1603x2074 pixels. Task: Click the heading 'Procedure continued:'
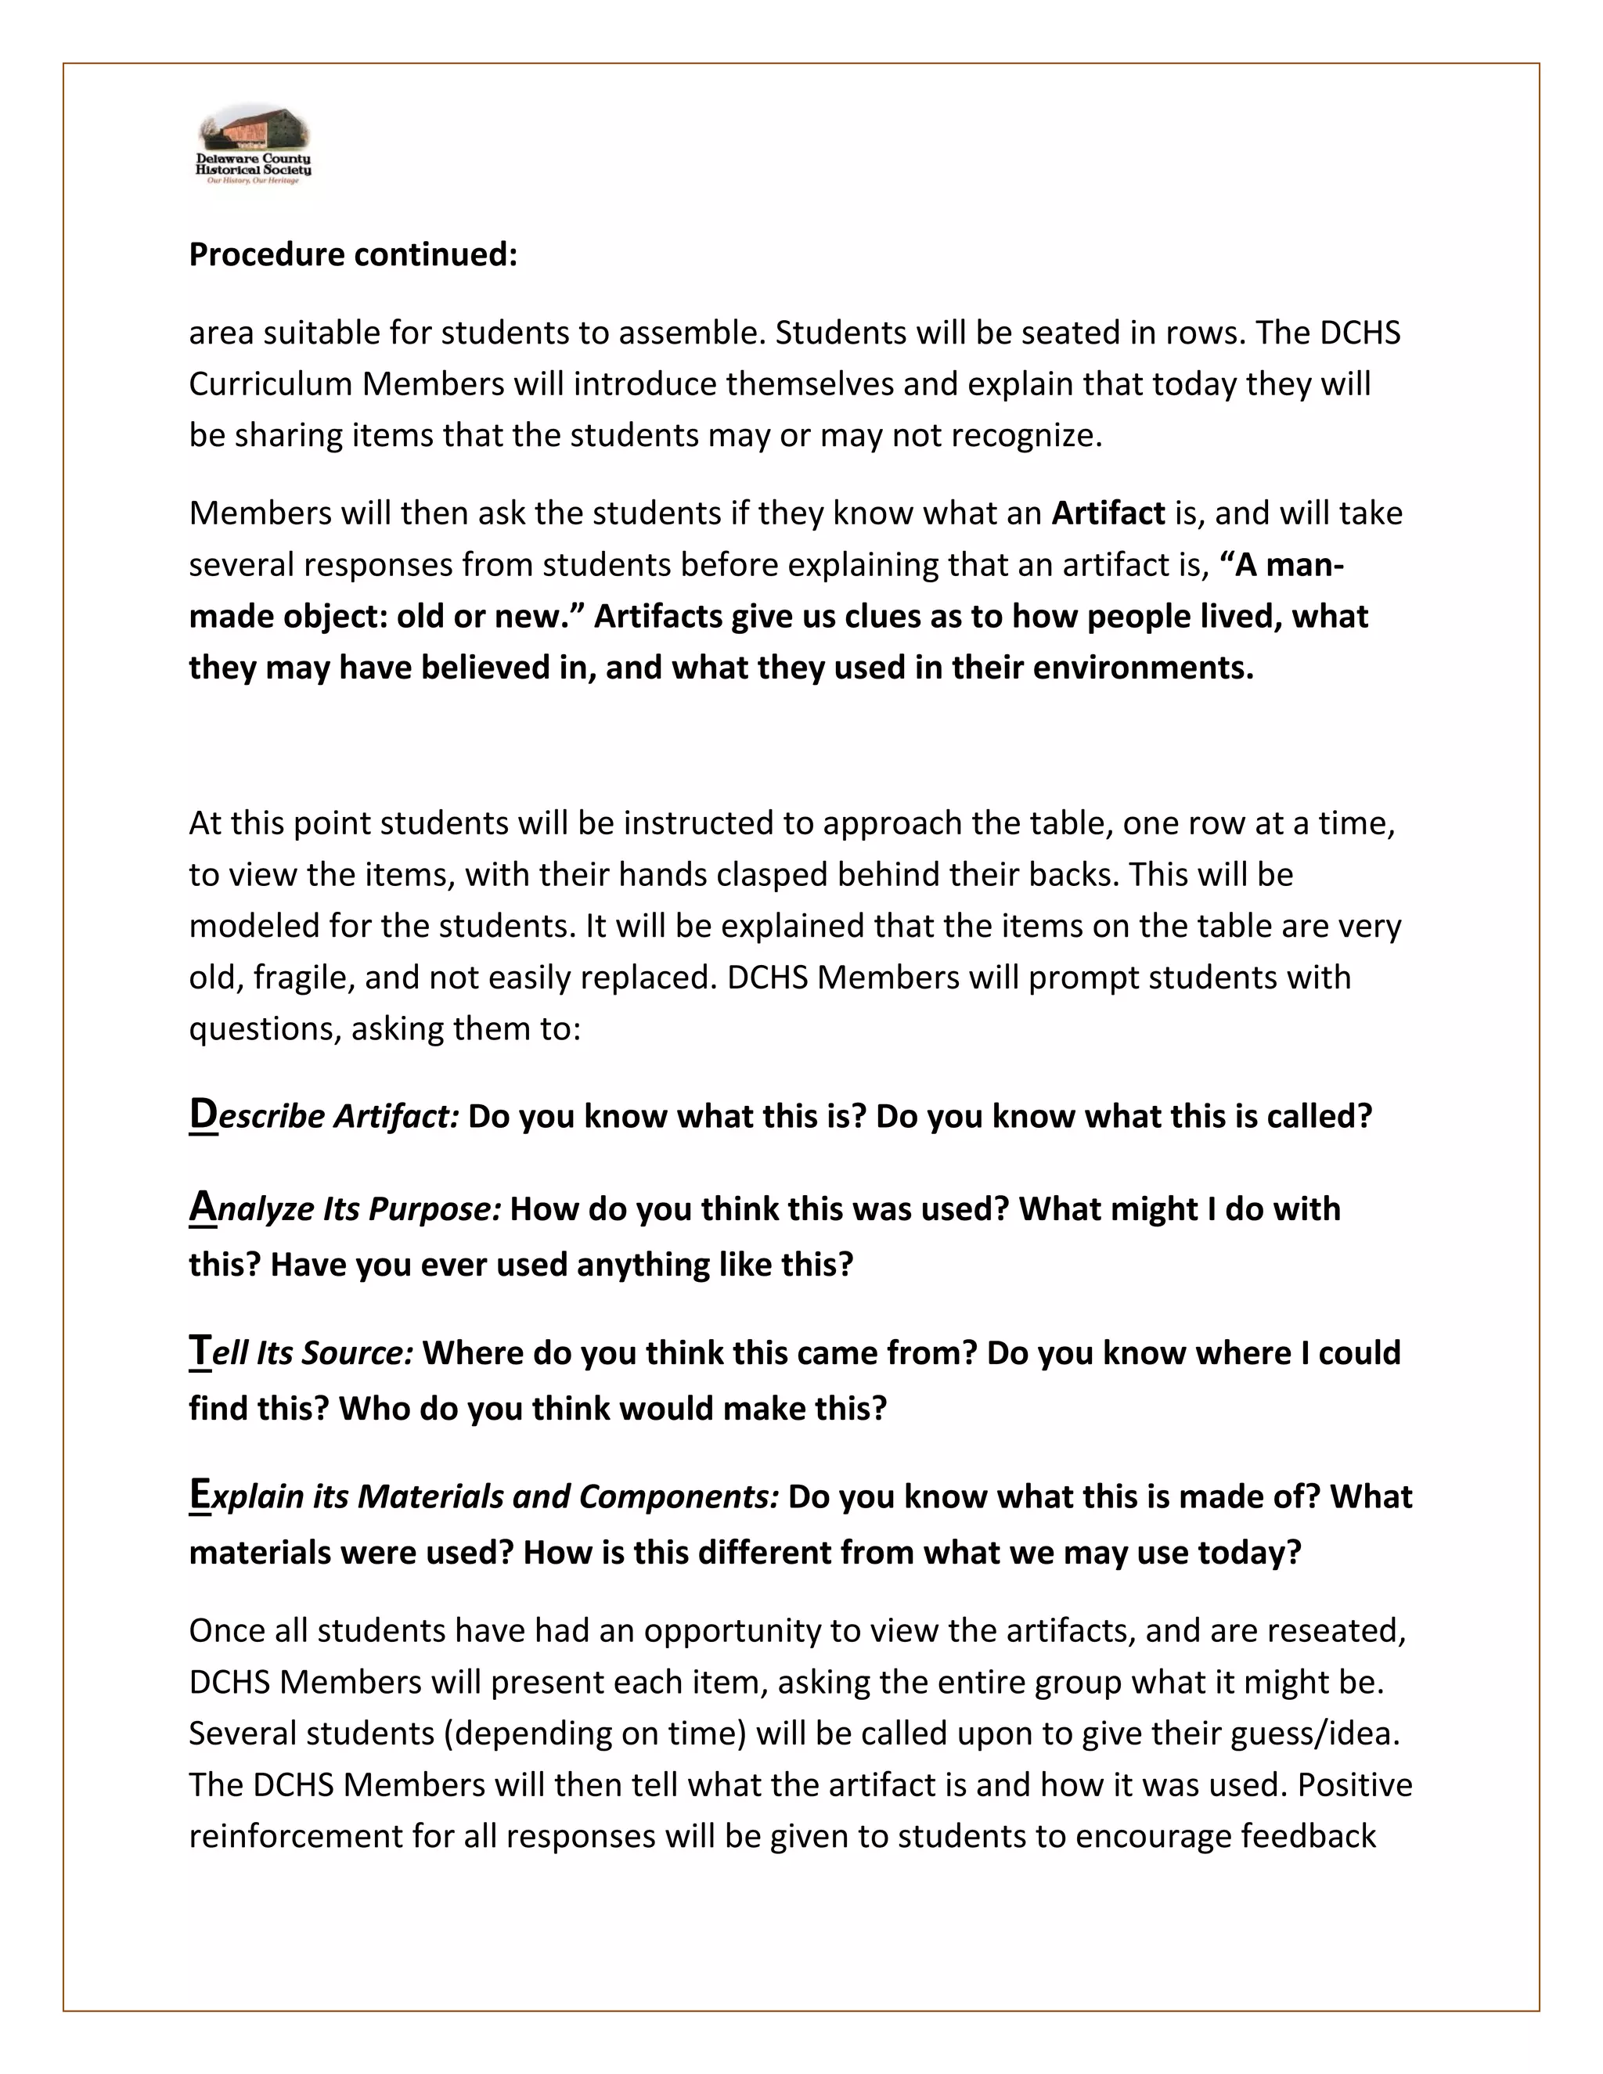tap(353, 254)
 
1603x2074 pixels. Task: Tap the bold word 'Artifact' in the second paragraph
tap(1108, 513)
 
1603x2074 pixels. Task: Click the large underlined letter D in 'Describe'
tap(204, 1113)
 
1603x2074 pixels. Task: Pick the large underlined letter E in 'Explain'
tap(200, 1494)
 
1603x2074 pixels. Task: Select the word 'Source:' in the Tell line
tap(357, 1353)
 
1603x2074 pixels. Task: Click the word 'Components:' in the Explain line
tap(679, 1496)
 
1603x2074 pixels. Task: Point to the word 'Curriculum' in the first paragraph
tap(271, 383)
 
